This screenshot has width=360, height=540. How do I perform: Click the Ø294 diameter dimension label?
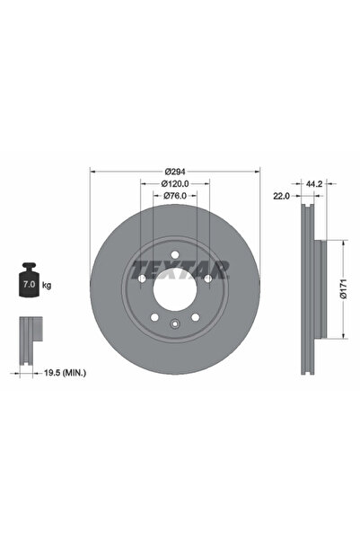click(175, 172)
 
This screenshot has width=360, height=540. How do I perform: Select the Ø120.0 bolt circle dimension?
click(175, 183)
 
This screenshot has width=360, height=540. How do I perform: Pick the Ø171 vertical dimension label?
click(343, 289)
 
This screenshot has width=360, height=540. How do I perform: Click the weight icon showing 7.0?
click(26, 283)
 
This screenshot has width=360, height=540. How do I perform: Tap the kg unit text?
click(46, 285)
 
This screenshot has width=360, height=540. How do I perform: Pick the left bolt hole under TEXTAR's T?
click(143, 278)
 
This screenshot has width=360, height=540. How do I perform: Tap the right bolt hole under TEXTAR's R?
click(207, 278)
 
